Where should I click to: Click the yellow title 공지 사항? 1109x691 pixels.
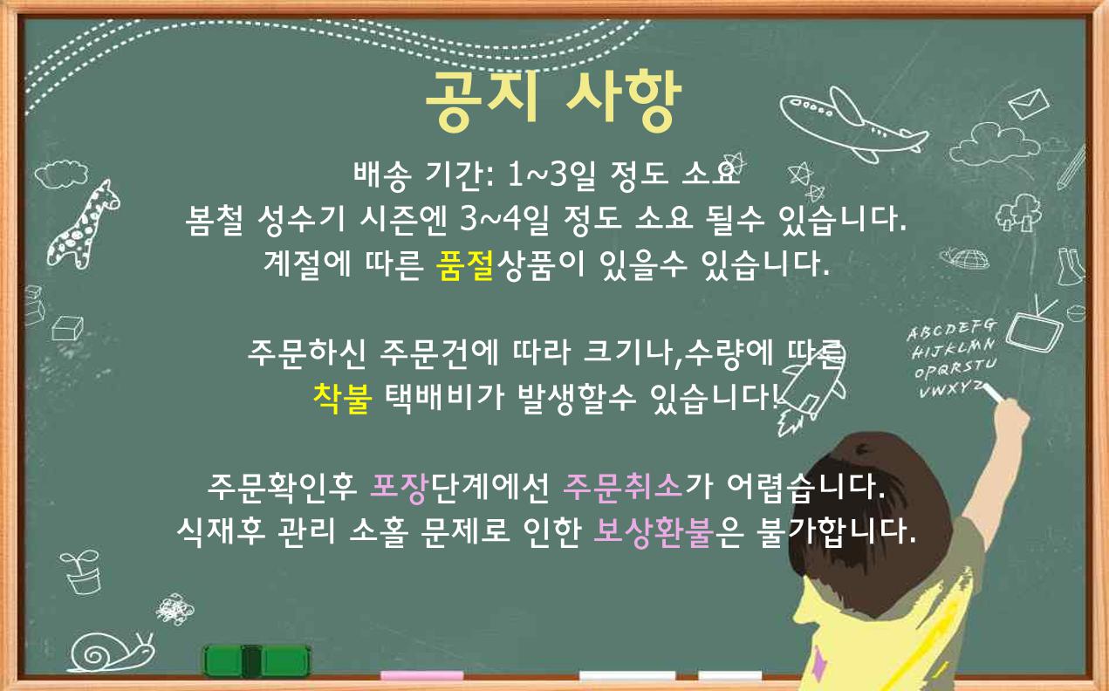(x=553, y=102)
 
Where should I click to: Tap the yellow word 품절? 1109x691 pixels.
(x=465, y=265)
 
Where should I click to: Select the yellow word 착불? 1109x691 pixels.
(x=343, y=398)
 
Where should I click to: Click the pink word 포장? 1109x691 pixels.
(x=400, y=488)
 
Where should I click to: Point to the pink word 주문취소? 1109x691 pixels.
(x=623, y=487)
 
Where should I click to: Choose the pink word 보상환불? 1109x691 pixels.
(x=654, y=532)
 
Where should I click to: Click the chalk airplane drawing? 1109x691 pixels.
(x=854, y=125)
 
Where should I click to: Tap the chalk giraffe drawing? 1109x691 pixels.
(x=83, y=224)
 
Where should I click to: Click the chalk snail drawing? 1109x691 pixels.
(x=111, y=652)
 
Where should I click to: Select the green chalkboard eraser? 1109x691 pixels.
(x=257, y=660)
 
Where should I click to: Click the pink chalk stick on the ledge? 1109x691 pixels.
(x=421, y=675)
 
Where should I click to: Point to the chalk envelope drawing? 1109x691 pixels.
(x=1029, y=104)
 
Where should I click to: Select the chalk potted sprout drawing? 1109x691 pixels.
(x=82, y=571)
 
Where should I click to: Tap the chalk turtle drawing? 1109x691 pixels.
(x=964, y=259)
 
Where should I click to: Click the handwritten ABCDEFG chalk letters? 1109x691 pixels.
(x=951, y=330)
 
